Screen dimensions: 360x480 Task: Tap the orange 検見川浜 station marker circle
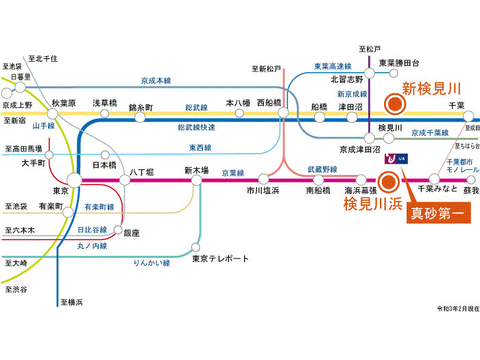click(389, 182)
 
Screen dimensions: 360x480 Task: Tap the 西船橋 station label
click(269, 104)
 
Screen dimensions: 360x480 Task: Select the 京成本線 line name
click(156, 81)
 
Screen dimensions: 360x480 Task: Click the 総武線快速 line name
click(196, 128)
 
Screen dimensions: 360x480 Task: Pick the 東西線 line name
click(200, 147)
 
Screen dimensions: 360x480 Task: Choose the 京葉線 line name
click(233, 173)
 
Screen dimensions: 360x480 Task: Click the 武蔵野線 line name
click(322, 169)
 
